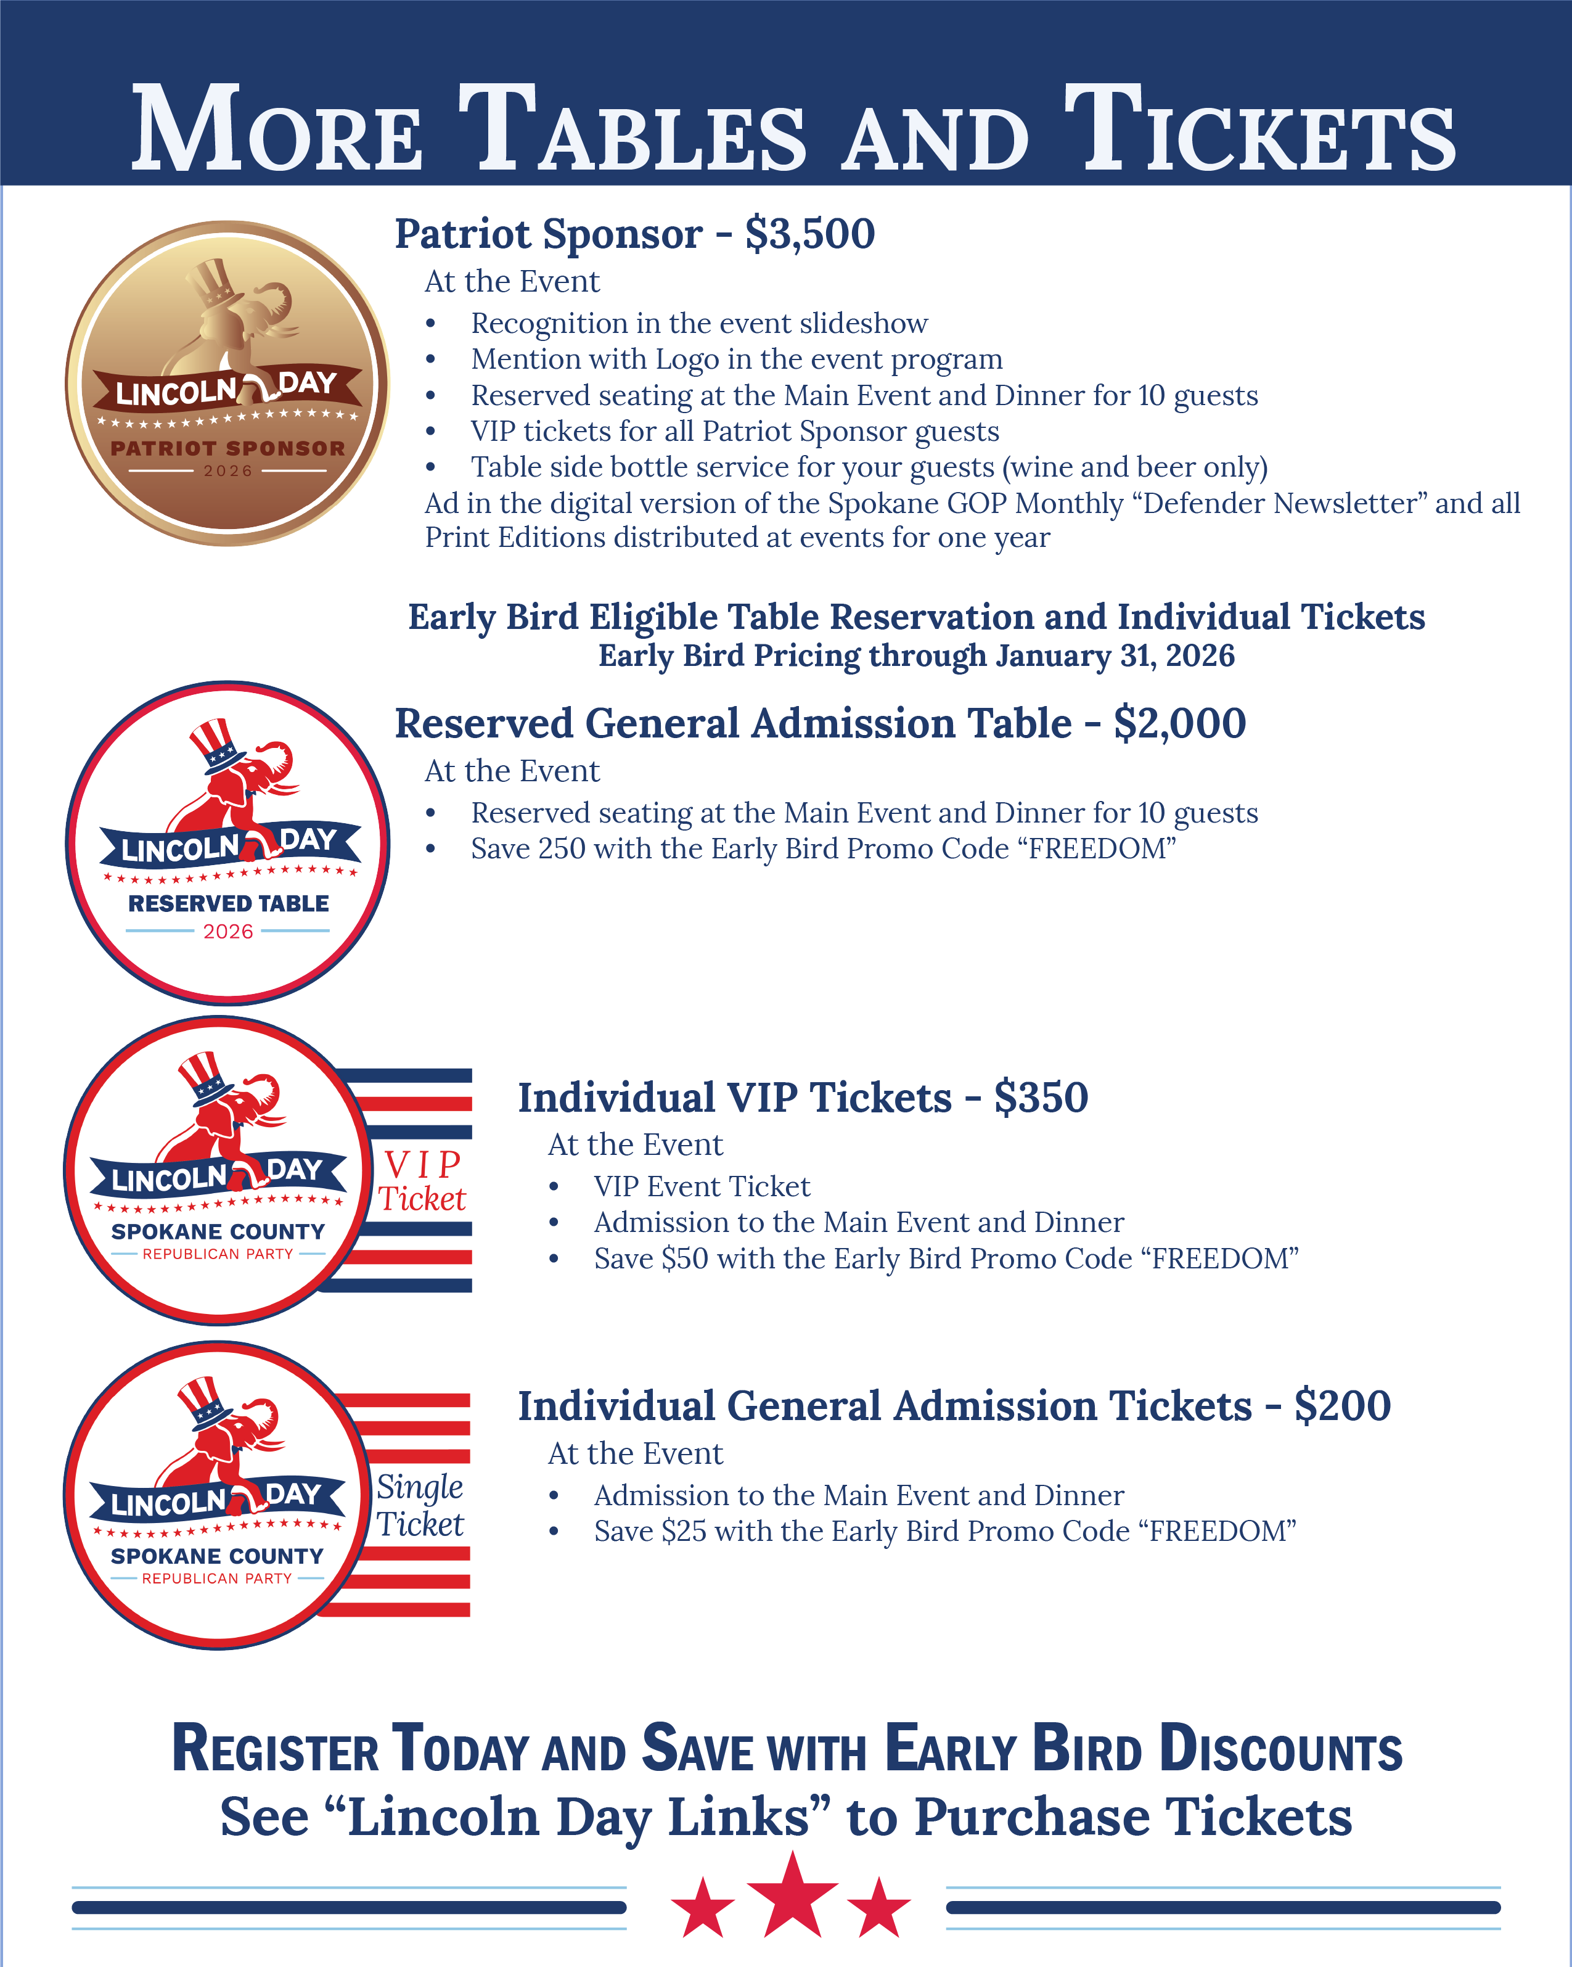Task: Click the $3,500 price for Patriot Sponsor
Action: [809, 234]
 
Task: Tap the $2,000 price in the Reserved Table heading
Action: [1179, 723]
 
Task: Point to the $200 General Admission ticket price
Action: [1341, 1406]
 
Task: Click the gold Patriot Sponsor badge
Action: [227, 383]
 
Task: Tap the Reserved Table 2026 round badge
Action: [227, 842]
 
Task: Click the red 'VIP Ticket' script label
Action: [422, 1181]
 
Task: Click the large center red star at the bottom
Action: [792, 1896]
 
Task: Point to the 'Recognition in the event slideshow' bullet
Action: [699, 323]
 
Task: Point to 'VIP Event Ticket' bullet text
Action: [702, 1186]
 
